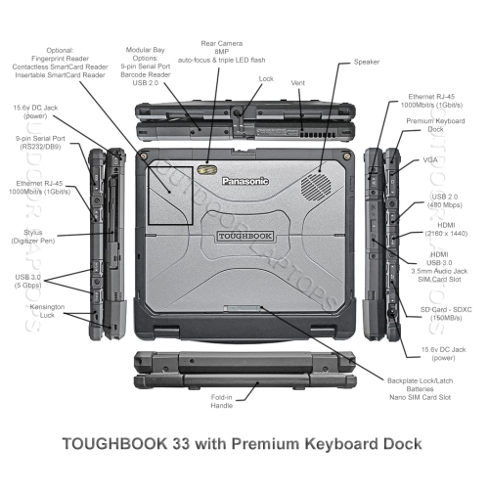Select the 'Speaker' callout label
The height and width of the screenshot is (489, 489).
[x=367, y=61]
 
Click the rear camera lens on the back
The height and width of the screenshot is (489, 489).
[x=207, y=169]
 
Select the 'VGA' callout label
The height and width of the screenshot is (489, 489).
[x=430, y=159]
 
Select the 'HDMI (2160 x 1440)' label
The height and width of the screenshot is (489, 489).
[x=431, y=232]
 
